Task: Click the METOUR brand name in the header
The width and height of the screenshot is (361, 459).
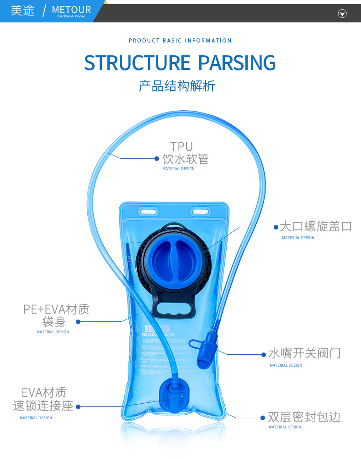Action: tap(71, 10)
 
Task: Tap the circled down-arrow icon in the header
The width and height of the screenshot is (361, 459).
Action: tap(342, 13)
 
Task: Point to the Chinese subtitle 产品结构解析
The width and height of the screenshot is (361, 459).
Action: tap(177, 85)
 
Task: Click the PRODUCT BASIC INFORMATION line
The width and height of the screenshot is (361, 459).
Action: tap(180, 41)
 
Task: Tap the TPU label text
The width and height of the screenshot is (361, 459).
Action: tap(181, 146)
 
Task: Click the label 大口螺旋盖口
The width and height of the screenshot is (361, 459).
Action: tap(315, 226)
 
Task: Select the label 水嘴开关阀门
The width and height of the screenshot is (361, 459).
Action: tap(304, 353)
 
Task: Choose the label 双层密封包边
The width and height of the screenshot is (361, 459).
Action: tap(304, 417)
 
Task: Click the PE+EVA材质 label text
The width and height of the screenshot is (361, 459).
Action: tap(56, 310)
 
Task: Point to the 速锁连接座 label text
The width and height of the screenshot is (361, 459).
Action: tap(43, 406)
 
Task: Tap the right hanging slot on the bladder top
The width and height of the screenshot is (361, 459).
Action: tap(200, 212)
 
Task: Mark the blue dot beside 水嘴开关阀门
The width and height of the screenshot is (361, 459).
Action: tap(264, 354)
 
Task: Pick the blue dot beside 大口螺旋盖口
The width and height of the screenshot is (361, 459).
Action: tap(276, 227)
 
